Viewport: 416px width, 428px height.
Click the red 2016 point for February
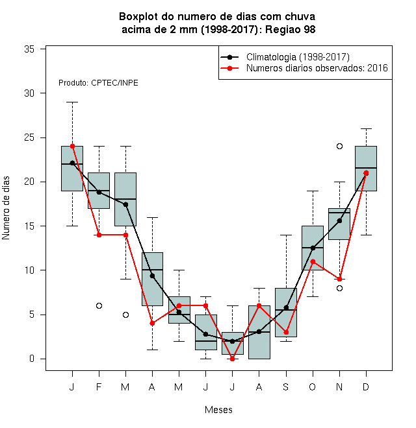point(99,235)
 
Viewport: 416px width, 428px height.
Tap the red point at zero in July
point(232,359)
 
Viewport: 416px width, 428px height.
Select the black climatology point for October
point(313,248)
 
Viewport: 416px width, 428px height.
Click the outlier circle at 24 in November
point(339,147)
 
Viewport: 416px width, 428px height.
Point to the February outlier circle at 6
point(99,305)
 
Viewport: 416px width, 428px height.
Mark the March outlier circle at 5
point(125,315)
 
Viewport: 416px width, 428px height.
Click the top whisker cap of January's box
point(73,102)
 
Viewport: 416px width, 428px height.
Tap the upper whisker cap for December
point(366,128)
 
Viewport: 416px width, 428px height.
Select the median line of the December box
point(366,168)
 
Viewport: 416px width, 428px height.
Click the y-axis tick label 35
point(29,49)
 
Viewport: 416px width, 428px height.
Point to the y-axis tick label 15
point(29,226)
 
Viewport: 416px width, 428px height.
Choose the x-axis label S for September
point(286,386)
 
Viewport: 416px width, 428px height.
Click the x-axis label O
point(313,386)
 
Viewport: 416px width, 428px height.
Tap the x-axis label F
point(99,386)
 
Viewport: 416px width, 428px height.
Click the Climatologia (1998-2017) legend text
point(298,57)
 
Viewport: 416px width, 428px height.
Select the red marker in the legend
point(230,68)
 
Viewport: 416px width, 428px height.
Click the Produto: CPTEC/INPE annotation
point(98,83)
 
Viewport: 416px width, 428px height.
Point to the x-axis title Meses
point(218,410)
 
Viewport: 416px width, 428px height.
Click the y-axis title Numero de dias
point(6,208)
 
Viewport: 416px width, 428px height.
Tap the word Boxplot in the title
point(138,17)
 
